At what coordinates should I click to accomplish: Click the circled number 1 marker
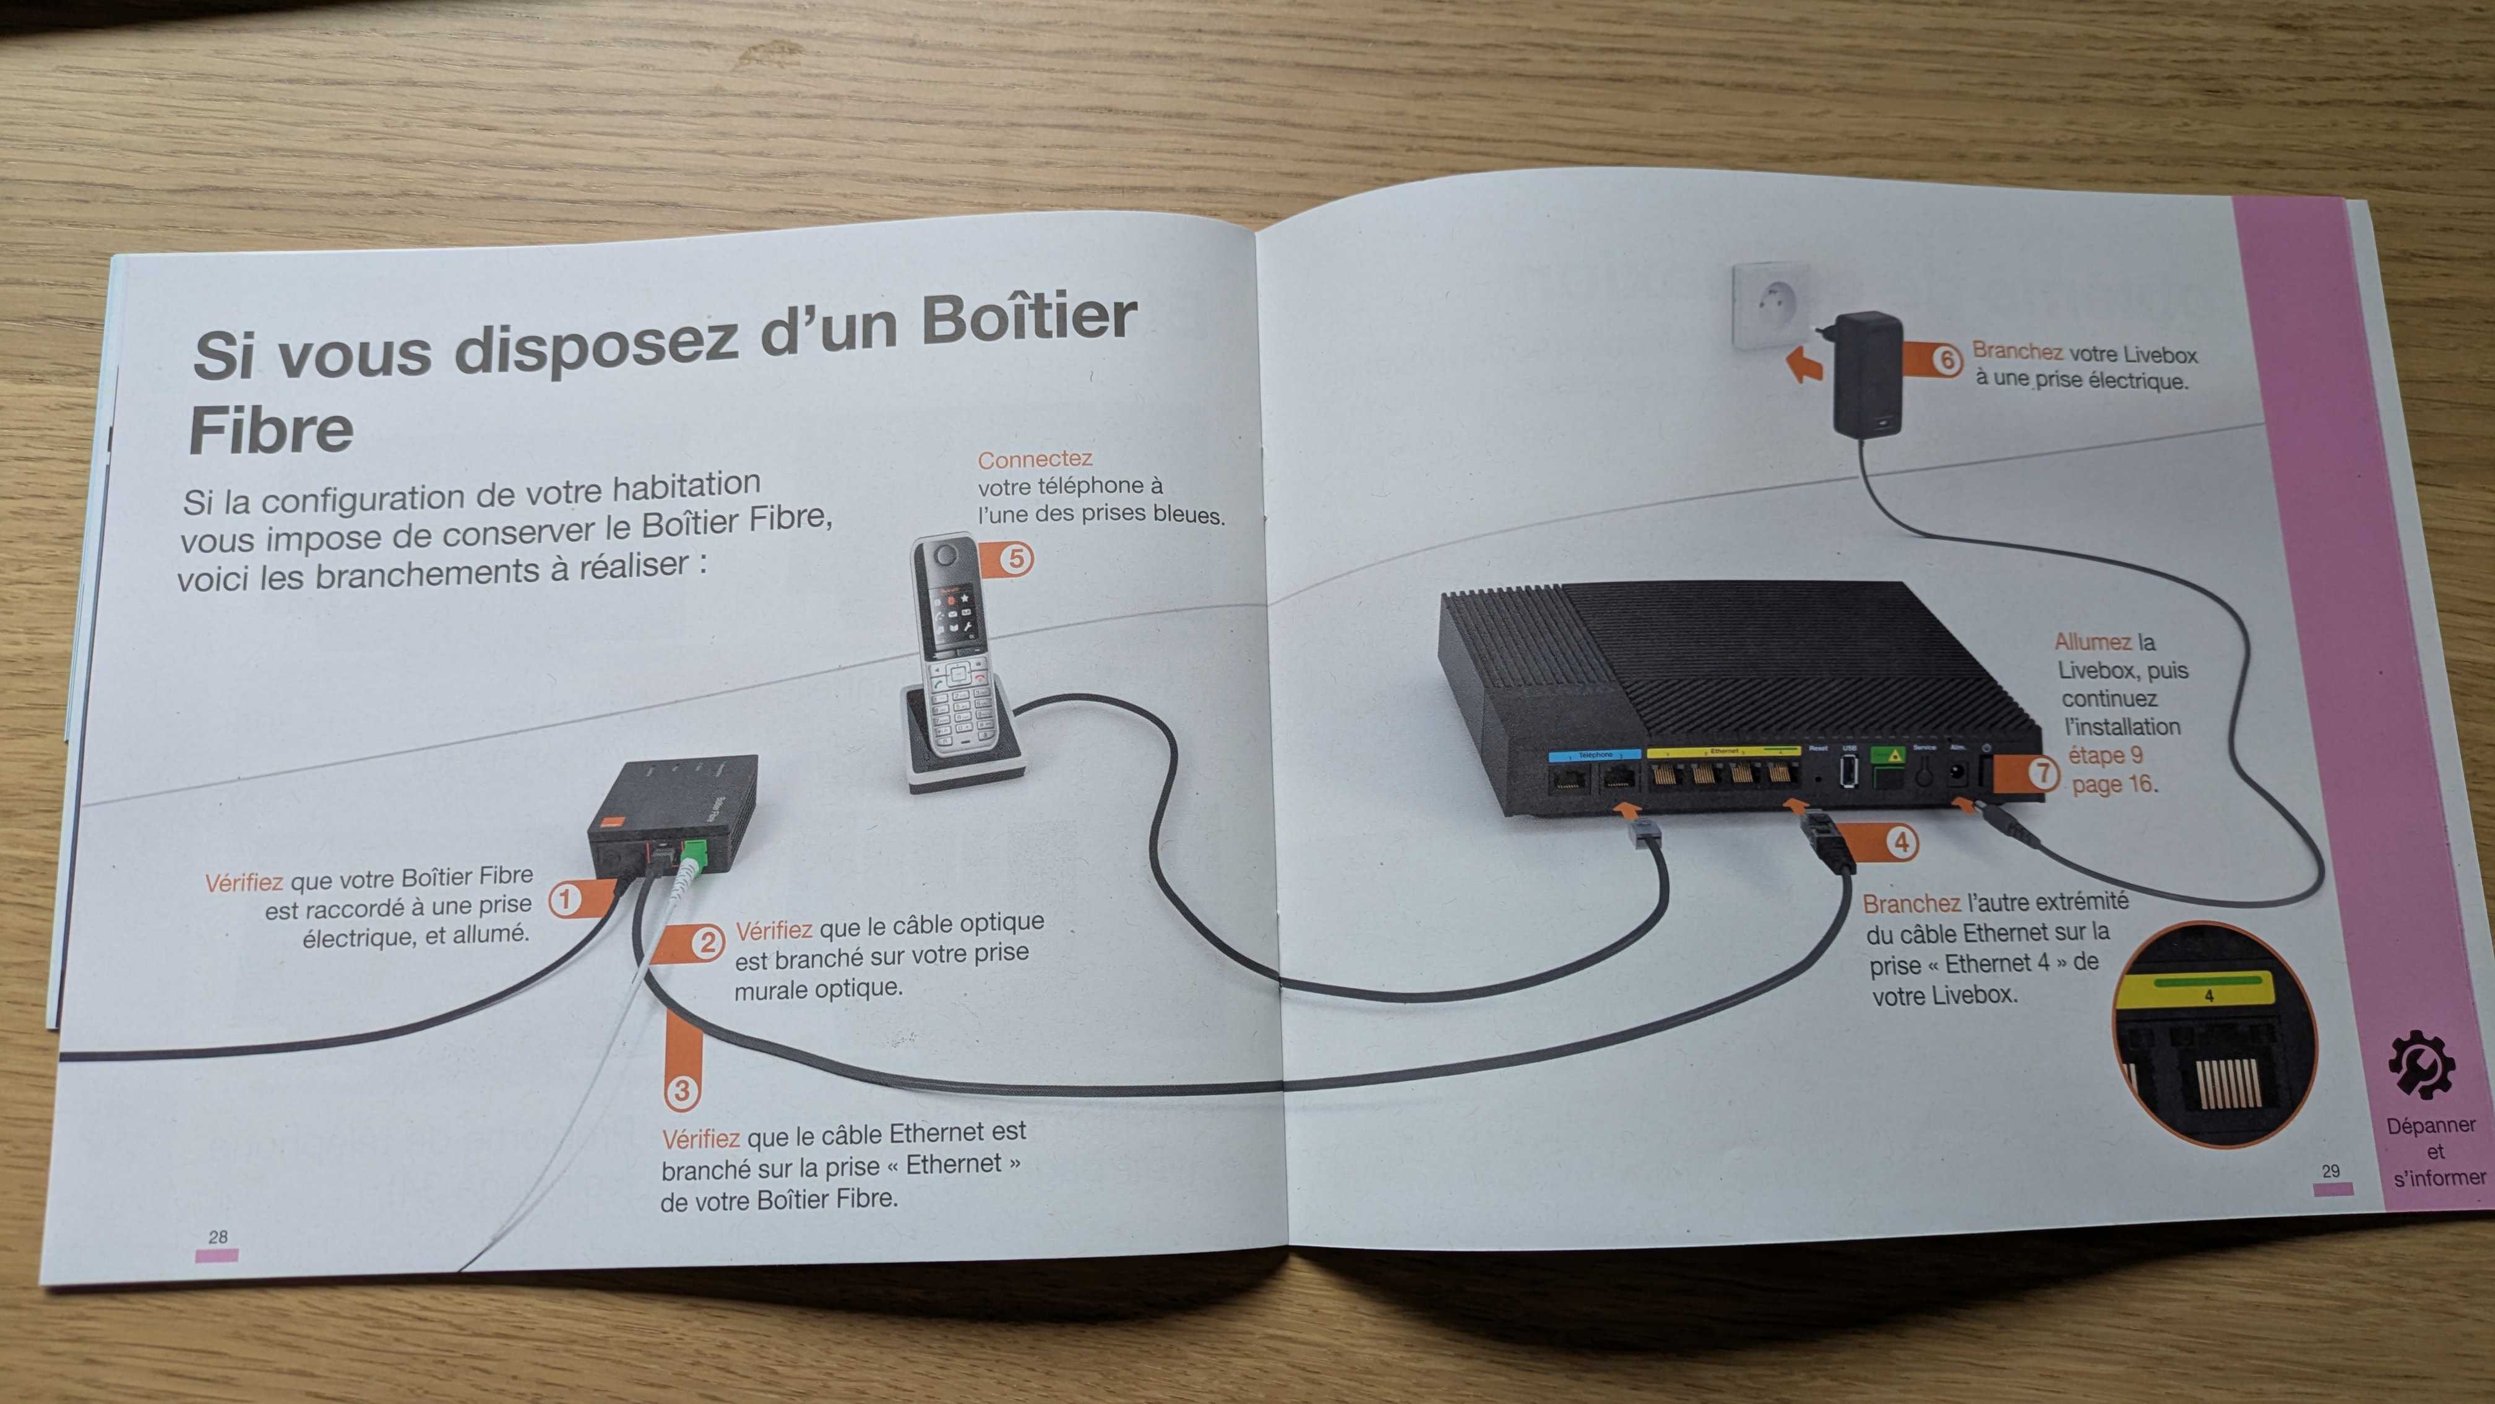(x=565, y=899)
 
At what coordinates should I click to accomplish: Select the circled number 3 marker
(x=681, y=1091)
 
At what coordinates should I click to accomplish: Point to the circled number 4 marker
(x=1902, y=842)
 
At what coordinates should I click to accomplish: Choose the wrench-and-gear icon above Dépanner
(x=2421, y=1066)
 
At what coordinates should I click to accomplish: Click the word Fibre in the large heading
(x=271, y=430)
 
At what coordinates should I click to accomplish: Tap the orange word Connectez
(x=1035, y=459)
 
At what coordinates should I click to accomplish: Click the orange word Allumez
(x=2092, y=641)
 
